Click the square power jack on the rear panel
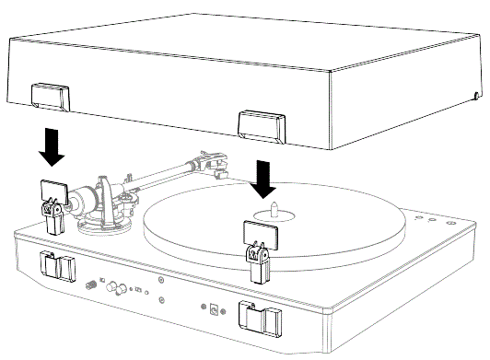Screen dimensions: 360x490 click(214, 309)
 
